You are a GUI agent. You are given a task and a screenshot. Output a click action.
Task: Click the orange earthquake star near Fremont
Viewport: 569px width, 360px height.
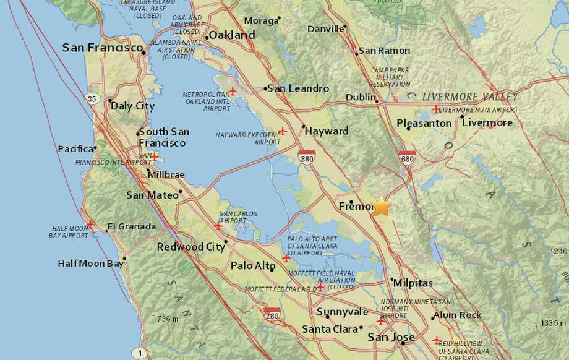coord(382,207)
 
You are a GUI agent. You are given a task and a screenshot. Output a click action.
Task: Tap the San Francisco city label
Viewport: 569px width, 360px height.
coord(103,48)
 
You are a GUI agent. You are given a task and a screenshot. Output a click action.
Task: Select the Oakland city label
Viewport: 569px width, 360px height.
coord(232,35)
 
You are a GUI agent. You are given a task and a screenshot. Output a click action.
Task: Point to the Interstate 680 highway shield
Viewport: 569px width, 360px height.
coord(407,158)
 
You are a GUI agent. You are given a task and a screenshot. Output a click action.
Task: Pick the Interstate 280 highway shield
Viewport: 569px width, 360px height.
coord(271,315)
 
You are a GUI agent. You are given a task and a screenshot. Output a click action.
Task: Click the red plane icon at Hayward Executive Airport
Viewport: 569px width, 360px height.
coord(283,131)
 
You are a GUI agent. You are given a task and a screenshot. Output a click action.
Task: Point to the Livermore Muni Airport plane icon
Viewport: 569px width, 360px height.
coord(436,109)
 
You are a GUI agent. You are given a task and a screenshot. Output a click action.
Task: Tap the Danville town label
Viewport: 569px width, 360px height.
coord(325,28)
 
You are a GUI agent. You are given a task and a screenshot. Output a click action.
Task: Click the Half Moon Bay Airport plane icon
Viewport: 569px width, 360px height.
coord(91,225)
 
